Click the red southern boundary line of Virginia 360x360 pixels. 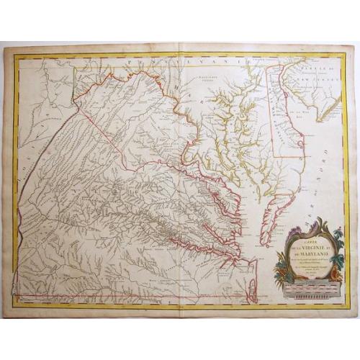130,294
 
